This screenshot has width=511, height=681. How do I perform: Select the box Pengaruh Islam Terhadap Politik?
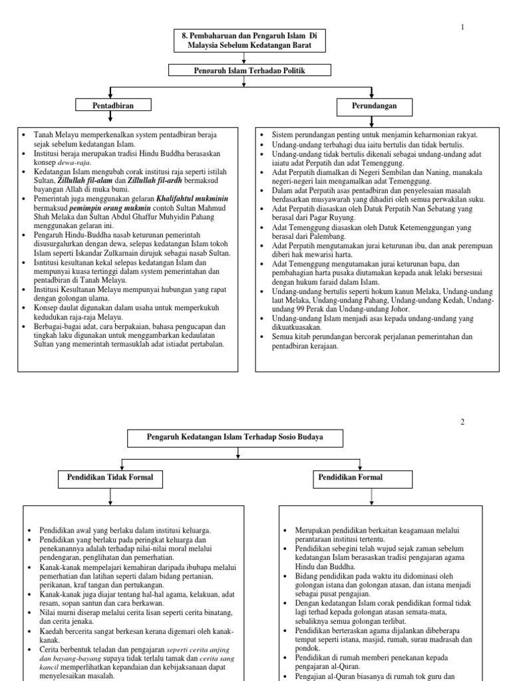coord(242,70)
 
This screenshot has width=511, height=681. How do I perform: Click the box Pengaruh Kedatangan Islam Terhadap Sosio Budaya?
coord(235,437)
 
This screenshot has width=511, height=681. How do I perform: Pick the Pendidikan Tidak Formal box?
coord(110,477)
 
